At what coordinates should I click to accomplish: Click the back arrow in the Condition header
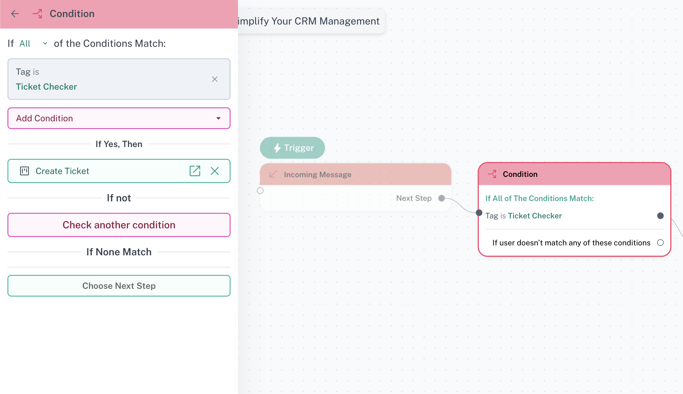[15, 14]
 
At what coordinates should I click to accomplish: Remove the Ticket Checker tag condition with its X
[215, 79]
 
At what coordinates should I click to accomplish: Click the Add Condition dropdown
[119, 118]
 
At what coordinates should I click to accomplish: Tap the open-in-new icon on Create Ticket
[195, 171]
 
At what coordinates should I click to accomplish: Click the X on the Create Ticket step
[215, 171]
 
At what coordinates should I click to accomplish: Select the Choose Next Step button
[119, 286]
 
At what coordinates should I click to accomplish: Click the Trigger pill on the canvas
[293, 148]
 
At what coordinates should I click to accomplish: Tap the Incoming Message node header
[355, 174]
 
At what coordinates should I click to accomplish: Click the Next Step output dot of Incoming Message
[442, 198]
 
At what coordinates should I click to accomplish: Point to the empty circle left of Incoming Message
[260, 190]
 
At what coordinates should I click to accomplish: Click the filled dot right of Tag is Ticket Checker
[660, 216]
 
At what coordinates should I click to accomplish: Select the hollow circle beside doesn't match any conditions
[660, 243]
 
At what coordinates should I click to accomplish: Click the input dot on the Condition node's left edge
[479, 213]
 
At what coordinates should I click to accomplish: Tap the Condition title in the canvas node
[520, 174]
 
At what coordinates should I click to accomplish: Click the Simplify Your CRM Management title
[309, 21]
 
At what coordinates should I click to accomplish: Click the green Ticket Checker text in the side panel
[46, 87]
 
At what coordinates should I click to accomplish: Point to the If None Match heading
[119, 252]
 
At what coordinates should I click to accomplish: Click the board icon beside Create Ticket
[24, 171]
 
